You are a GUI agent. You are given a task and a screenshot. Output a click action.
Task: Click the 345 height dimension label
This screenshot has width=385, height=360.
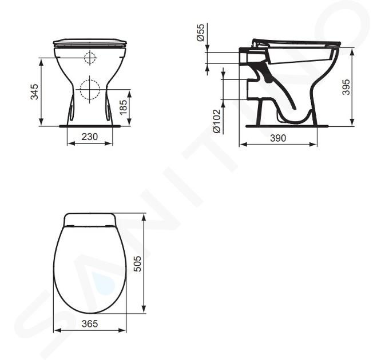[35, 92]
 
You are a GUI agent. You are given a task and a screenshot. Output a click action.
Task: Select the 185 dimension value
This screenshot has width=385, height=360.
[124, 107]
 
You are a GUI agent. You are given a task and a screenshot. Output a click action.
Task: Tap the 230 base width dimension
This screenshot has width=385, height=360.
[90, 137]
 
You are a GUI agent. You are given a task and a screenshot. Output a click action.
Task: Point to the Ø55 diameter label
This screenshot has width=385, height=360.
[201, 33]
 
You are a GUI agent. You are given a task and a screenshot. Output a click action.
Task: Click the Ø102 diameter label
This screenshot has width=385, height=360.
[217, 121]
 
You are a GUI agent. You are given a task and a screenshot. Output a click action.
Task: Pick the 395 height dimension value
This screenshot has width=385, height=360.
[346, 87]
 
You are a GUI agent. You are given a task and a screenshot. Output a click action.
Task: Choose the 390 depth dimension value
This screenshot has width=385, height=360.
[278, 138]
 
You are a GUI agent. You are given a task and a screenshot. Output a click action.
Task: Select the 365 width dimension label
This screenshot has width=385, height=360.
[90, 324]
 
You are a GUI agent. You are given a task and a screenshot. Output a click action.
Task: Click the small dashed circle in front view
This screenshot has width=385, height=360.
[90, 58]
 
